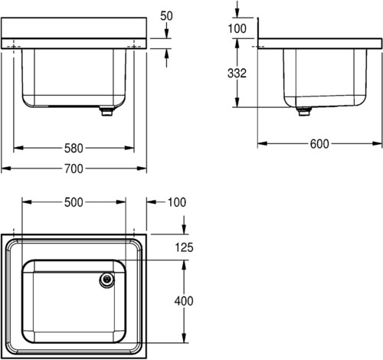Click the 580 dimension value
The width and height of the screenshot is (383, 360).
74,148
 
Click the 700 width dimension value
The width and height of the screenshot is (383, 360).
74,169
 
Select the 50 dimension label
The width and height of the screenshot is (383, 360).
166,16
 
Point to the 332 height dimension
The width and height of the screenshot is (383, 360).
237,74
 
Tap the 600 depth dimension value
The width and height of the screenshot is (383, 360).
319,144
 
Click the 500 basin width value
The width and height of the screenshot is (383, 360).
74,202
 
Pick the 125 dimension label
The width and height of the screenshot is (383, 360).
184,247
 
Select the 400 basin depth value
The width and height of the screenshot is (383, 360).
184,301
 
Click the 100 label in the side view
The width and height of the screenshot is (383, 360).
237,28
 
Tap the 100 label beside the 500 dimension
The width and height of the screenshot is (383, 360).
177,202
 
